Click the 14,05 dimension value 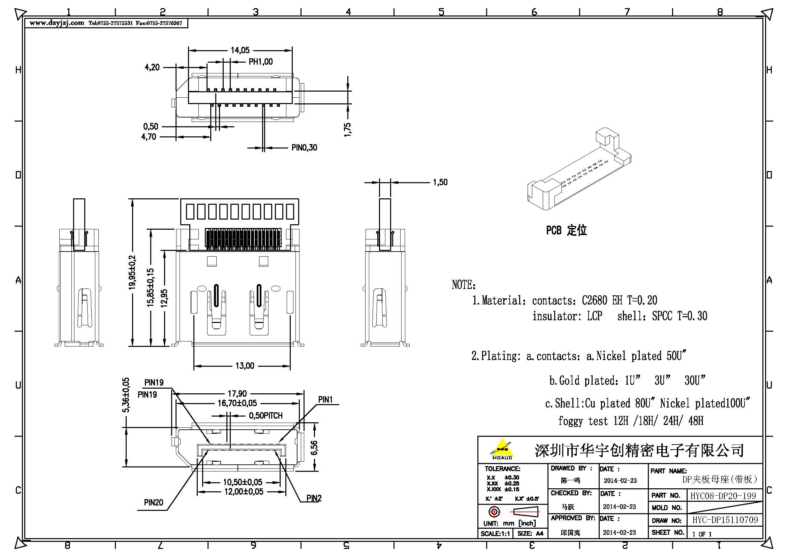tap(240, 51)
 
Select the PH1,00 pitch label tap(260, 62)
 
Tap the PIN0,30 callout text tap(304, 148)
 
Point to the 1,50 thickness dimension tap(440, 182)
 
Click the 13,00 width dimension tap(245, 366)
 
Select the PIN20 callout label tap(153, 502)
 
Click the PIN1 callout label tap(325, 400)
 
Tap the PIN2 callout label tap(314, 498)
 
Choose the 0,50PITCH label tap(265, 416)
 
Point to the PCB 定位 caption tap(566, 230)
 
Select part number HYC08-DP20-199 tap(723, 496)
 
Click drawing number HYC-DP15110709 tap(725, 520)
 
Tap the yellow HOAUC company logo tap(502, 449)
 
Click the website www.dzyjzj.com tap(57, 23)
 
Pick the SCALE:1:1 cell tap(495, 534)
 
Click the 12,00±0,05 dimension tap(244, 492)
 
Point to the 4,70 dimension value tap(149, 137)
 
